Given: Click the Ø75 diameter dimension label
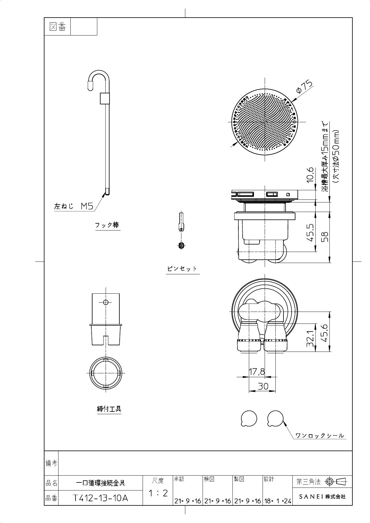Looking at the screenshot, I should [304, 86].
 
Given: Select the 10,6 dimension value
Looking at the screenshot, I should [310, 174].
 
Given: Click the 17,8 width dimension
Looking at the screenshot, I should [257, 372].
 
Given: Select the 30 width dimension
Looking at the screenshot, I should [263, 386].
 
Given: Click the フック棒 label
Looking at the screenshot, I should [107, 225].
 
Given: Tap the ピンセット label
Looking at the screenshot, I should [182, 268].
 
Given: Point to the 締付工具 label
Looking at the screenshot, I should [109, 409].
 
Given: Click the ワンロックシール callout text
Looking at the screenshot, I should [320, 436].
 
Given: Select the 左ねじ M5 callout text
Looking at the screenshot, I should [74, 206].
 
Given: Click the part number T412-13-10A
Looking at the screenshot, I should [101, 498].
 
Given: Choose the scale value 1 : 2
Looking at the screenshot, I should [158, 493].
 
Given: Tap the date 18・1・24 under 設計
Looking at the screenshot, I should [277, 501].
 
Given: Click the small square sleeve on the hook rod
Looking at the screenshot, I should [105, 98].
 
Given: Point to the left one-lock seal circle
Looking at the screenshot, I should [249, 419].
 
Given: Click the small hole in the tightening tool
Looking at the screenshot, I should [105, 302].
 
